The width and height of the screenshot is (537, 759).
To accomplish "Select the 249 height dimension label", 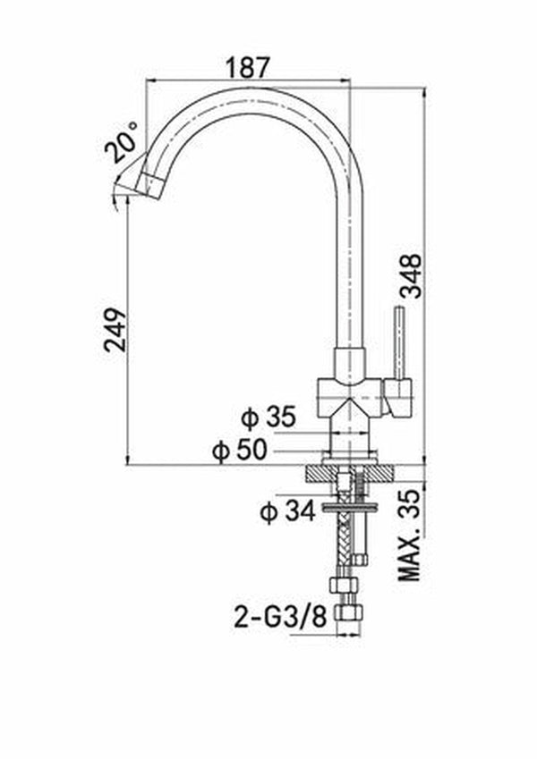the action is coord(116,329).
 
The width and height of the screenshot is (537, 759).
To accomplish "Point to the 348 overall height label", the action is coord(410,275).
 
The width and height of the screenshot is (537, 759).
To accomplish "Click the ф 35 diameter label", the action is coord(268,417).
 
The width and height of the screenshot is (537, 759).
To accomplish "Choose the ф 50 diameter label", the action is coord(240,451).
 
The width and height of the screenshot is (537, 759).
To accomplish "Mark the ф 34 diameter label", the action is coord(288,511).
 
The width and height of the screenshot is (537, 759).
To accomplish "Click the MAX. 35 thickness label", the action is coord(410,535).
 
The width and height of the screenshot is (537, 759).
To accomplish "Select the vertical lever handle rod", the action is coord(401,342).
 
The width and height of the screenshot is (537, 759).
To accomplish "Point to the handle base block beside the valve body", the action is coord(398,397).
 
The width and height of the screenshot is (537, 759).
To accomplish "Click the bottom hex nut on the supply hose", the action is coord(348,614).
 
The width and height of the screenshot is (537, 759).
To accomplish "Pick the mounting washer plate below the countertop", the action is coord(349,507).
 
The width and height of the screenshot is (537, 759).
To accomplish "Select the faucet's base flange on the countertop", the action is coord(349,455).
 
